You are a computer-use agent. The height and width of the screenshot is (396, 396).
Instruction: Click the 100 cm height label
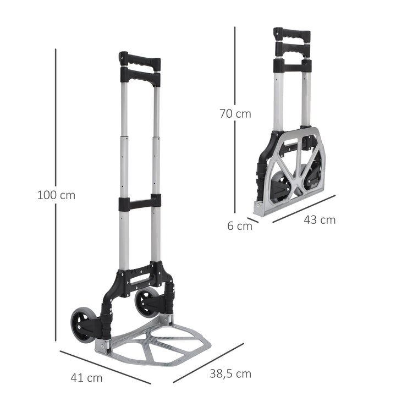click(56, 195)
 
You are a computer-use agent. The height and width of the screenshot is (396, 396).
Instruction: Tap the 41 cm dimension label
click(86, 378)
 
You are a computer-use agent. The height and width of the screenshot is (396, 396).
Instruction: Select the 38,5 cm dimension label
click(230, 374)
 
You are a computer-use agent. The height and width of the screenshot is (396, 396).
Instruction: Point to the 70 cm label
click(235, 114)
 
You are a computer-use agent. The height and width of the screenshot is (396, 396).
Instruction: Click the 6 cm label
click(240, 226)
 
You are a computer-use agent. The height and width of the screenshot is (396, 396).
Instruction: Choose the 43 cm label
click(320, 219)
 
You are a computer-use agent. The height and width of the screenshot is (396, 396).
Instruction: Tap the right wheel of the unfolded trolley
click(147, 301)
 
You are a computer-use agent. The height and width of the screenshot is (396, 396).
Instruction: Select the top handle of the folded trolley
click(292, 34)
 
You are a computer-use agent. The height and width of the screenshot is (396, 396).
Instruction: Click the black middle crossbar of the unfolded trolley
click(140, 202)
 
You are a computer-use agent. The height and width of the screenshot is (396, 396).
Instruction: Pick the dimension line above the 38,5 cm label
click(209, 362)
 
